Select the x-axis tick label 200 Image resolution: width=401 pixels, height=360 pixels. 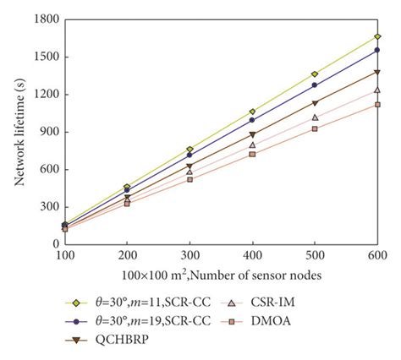127,254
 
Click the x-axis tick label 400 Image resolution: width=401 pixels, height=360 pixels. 252,254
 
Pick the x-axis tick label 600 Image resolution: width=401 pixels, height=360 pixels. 376,254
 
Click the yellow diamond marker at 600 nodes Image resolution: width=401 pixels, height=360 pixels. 377,36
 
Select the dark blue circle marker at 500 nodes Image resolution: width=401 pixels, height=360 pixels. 315,85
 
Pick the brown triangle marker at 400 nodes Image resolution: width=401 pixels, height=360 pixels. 252,134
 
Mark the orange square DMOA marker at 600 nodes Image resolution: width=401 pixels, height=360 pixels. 377,104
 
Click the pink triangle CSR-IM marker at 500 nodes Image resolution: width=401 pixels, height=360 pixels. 315,117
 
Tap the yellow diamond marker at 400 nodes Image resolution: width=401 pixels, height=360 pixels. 252,112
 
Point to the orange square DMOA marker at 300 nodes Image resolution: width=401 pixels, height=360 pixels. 190,179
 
